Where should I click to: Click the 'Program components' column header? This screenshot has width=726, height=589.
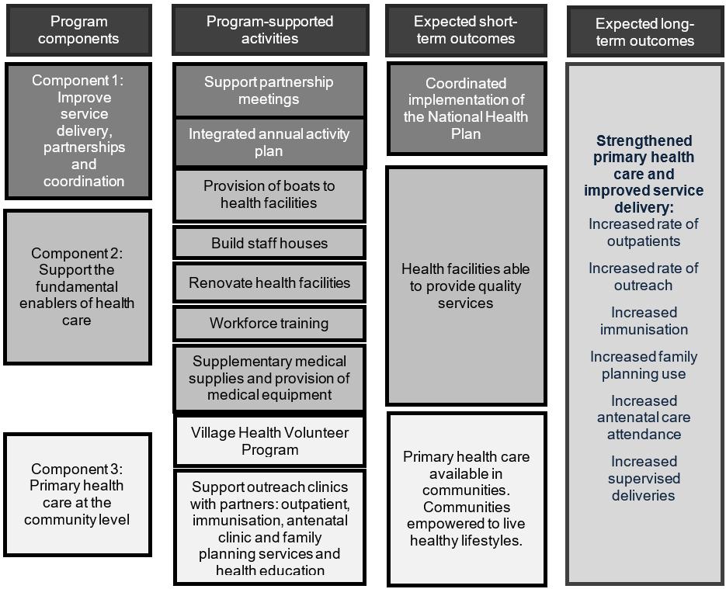[x=78, y=29]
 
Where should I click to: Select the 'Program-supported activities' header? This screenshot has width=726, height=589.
[x=269, y=29]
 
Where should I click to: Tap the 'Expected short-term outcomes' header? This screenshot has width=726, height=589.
[x=465, y=29]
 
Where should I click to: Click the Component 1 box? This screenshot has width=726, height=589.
[x=78, y=130]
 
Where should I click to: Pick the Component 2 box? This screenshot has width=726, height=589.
[x=78, y=286]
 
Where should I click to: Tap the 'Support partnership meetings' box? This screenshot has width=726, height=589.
[x=269, y=90]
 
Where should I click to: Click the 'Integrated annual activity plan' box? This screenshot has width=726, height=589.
[x=269, y=142]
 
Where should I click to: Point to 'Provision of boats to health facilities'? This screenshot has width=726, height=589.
[x=269, y=194]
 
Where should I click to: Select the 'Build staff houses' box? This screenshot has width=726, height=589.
[x=269, y=243]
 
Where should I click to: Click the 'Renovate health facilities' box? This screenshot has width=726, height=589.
[x=269, y=282]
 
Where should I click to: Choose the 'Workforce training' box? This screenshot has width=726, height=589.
[x=269, y=323]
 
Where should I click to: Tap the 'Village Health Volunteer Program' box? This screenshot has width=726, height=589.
[x=269, y=441]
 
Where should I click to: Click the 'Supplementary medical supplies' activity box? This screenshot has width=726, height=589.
[x=269, y=378]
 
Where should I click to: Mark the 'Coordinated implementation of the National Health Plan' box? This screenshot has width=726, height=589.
[x=466, y=109]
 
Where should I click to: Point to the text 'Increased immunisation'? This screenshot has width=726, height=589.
[x=644, y=320]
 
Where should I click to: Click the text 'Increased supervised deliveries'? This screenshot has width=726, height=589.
[x=644, y=478]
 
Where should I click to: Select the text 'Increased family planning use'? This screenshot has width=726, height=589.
[x=644, y=365]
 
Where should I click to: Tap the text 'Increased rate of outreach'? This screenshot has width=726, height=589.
[x=644, y=276]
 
